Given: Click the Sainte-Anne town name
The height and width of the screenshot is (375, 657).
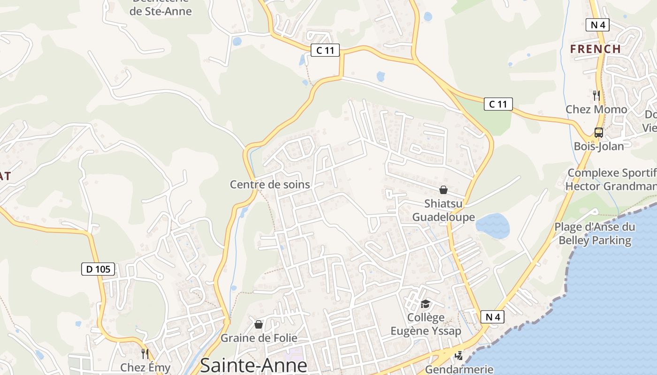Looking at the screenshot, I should tap(253, 365).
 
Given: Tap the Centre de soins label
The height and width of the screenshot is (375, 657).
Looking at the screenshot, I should tap(270, 184).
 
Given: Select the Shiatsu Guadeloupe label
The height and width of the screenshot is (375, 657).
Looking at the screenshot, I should tap(443, 210).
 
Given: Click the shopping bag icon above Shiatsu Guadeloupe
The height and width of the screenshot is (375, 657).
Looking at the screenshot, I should tap(443, 190).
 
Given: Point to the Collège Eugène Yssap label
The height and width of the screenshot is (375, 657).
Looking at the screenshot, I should tap(426, 324).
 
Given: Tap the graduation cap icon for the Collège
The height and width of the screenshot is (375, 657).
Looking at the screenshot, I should tap(425, 304).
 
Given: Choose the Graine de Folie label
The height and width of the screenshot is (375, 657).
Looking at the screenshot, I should tap(259, 337).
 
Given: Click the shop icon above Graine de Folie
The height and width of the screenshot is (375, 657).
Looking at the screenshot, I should tap(258, 324).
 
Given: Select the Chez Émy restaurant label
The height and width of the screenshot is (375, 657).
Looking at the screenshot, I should tap(145, 367).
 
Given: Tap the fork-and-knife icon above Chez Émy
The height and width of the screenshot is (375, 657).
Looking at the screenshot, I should tap(145, 353).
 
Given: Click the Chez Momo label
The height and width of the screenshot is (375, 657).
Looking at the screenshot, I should tap(596, 109).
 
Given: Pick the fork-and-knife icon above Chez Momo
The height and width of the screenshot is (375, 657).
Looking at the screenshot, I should tap(596, 96).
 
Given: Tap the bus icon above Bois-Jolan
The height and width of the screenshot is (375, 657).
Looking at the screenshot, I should tap(599, 133).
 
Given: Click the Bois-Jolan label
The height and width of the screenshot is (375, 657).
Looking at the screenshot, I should tap(599, 146).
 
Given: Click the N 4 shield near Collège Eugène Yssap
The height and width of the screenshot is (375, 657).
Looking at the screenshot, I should tap(492, 317).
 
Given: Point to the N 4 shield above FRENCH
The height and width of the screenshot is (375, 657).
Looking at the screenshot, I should tap(597, 25).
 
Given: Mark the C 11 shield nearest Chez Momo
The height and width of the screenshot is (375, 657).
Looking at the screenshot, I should tap(498, 104).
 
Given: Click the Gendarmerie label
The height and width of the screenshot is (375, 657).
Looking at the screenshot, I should tap(459, 369).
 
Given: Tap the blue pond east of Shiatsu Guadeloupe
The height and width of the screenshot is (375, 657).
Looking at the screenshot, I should tap(493, 225).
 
